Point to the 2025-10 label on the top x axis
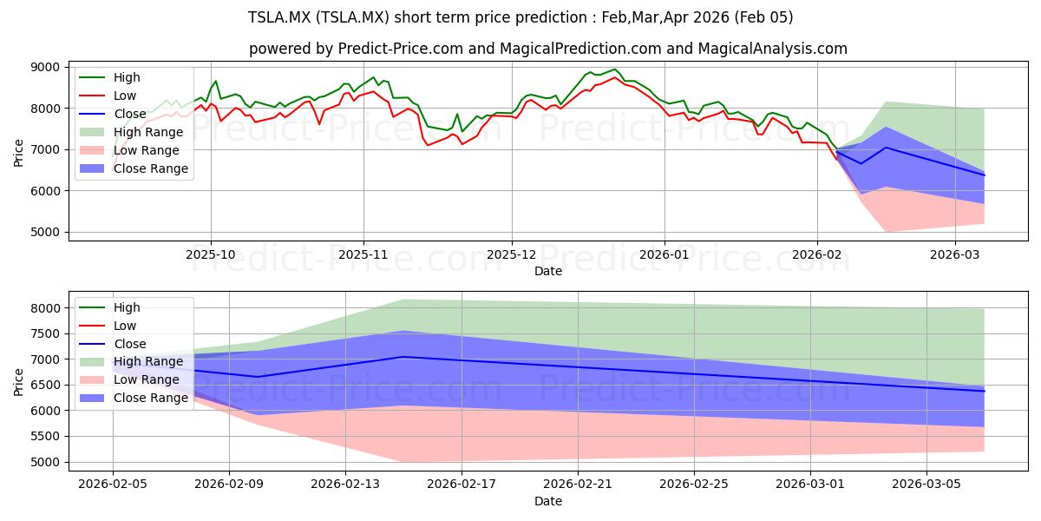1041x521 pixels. point(211,254)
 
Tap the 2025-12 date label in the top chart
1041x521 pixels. point(512,254)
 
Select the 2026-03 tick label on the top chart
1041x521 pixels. point(954,254)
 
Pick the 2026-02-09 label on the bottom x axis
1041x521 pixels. point(229,485)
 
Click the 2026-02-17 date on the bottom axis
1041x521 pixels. point(462,485)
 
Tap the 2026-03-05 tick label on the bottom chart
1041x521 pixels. point(926,485)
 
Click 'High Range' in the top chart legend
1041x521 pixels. point(148,132)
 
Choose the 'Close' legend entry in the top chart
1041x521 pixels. point(130,114)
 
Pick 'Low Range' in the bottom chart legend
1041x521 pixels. point(147,379)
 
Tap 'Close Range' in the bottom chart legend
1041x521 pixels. point(151,398)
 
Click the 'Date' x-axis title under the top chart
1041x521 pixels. point(548,271)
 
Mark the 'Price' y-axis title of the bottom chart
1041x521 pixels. point(18,382)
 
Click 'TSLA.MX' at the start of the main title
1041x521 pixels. point(279,17)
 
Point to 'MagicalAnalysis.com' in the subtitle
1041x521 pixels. point(772,49)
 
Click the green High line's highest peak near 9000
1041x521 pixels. point(614,69)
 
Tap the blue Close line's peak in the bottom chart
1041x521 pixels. point(403,357)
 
